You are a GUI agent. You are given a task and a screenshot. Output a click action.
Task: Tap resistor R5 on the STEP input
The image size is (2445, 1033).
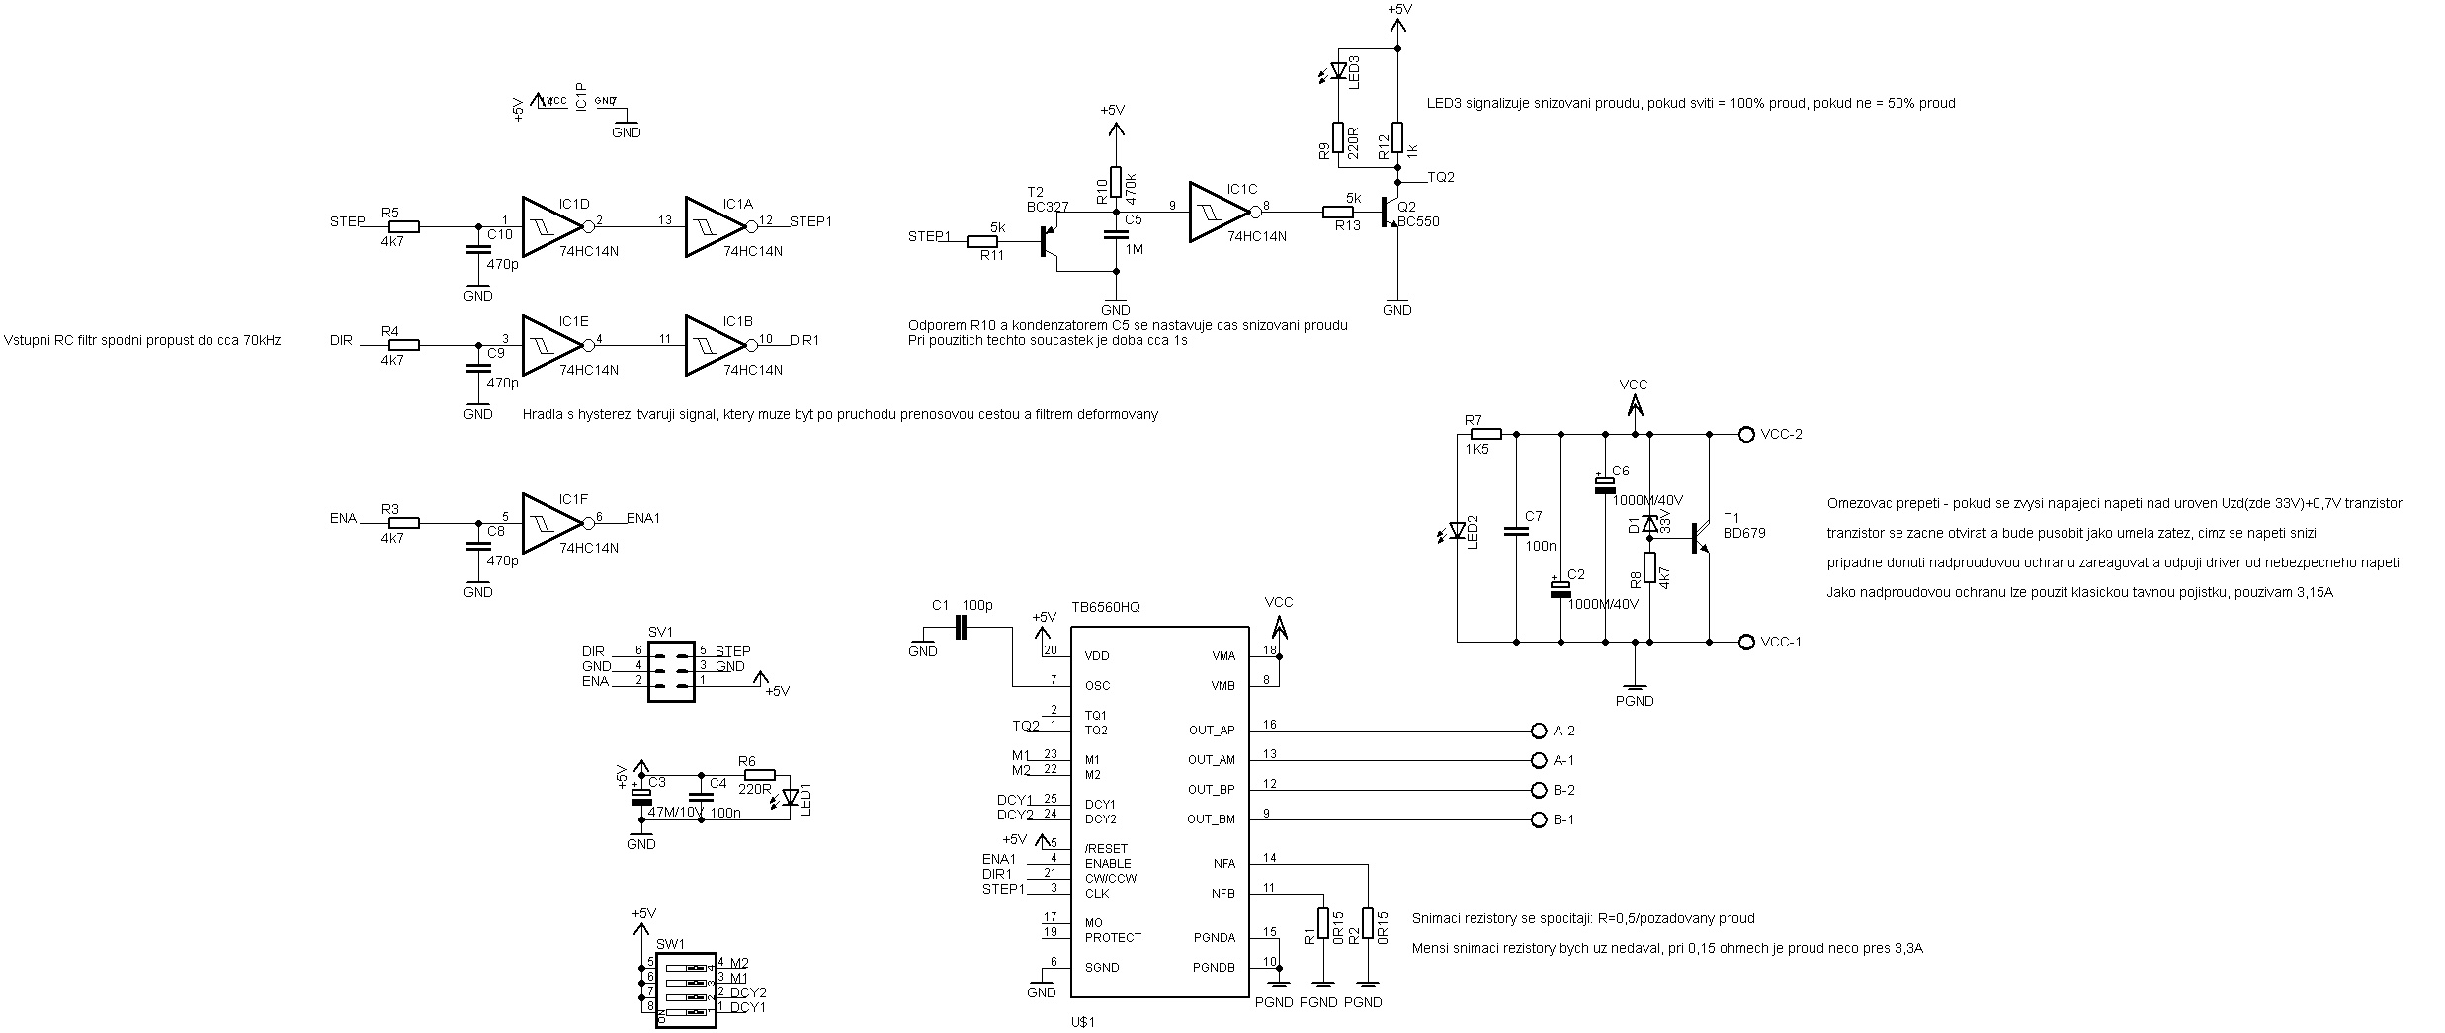403,226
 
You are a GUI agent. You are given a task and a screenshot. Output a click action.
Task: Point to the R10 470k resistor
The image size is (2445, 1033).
1116,182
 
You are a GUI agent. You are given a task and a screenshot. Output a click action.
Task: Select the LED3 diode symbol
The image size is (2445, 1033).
1339,70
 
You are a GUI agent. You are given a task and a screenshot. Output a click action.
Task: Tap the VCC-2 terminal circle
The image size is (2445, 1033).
1745,434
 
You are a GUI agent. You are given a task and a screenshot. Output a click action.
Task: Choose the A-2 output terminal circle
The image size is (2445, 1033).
1537,731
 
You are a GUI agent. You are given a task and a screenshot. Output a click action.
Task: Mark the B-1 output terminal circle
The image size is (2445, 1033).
1537,819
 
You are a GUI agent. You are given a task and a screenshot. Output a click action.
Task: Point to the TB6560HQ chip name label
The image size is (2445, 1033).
1106,607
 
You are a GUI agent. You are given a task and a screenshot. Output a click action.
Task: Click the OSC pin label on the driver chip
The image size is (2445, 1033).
1097,685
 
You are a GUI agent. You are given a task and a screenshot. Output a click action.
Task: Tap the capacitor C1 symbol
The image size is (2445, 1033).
961,627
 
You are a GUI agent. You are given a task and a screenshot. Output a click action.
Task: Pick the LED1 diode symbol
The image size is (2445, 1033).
790,797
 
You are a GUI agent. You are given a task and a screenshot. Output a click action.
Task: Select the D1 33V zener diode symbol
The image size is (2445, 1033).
1649,524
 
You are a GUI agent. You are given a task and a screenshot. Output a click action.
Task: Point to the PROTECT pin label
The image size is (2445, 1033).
1113,937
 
